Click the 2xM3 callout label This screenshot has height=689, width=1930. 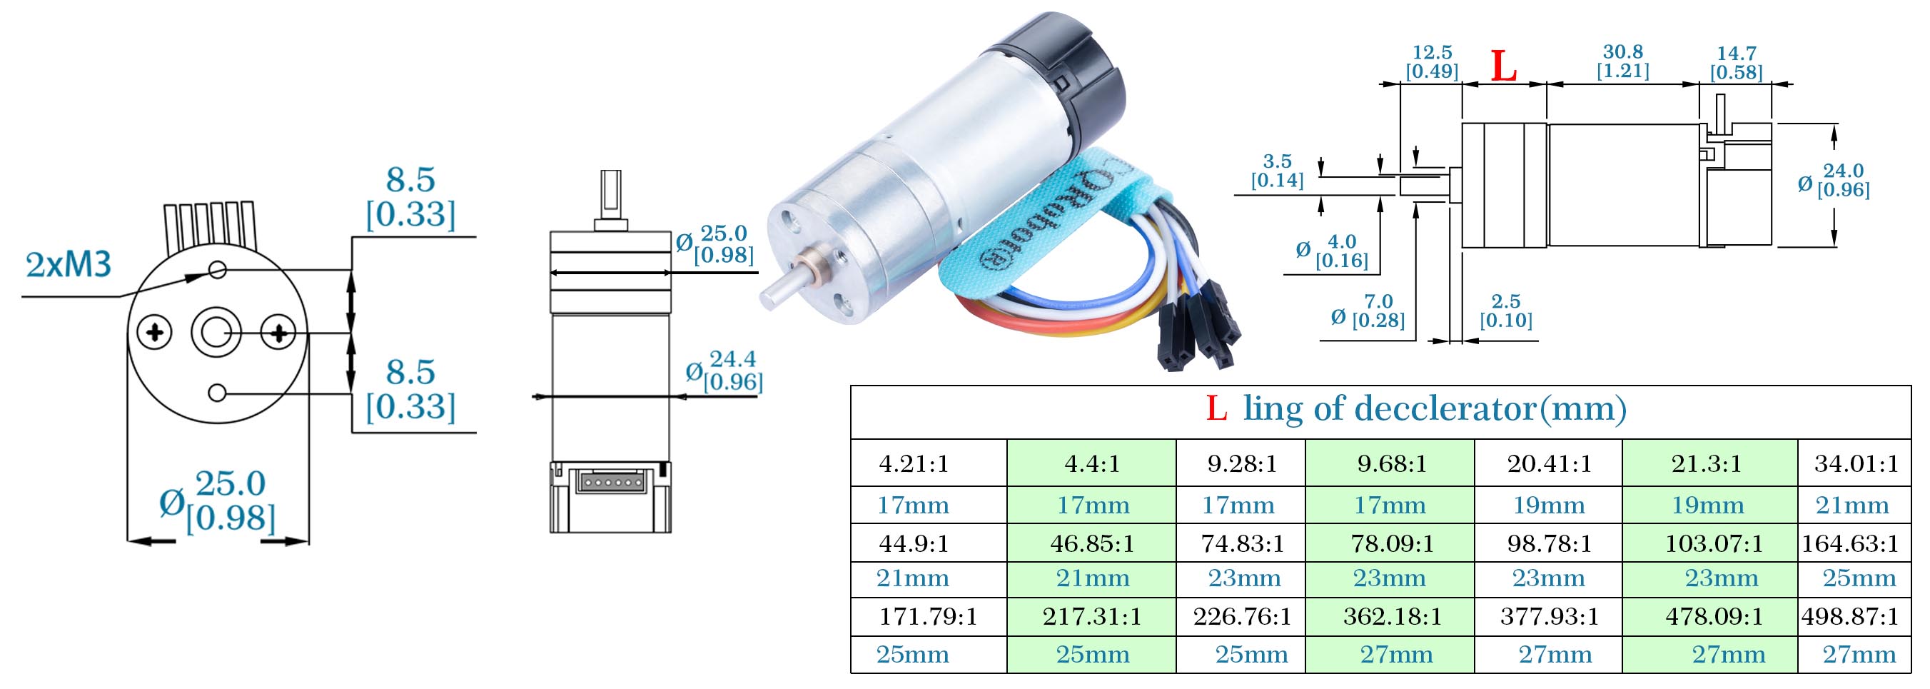tap(69, 265)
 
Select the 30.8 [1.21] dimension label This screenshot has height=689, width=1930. tap(1623, 61)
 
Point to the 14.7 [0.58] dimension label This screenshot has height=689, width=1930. tap(1736, 63)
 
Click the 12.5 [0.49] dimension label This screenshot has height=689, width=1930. tap(1432, 62)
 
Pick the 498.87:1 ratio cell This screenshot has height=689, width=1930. tap(1850, 616)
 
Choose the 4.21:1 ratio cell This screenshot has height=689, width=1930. tap(914, 463)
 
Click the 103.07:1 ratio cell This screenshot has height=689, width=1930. tap(1714, 543)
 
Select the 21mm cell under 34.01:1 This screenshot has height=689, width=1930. tap(1851, 506)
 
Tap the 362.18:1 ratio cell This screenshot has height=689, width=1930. tap(1392, 616)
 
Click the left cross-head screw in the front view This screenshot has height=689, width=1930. tap(155, 332)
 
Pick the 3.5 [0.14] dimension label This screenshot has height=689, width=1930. tap(1278, 171)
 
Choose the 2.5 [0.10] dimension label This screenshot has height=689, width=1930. tap(1506, 311)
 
